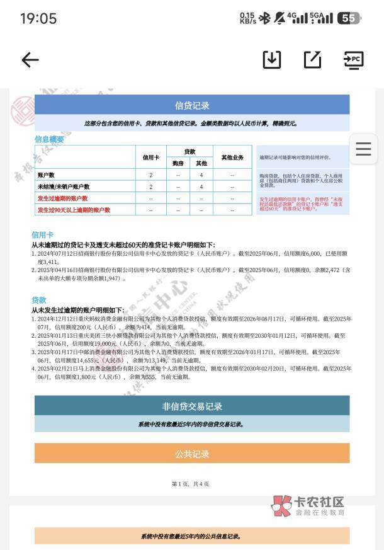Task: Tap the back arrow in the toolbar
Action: pyautogui.click(x=30, y=60)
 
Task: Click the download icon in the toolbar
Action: pyautogui.click(x=272, y=60)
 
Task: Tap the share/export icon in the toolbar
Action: pyautogui.click(x=312, y=60)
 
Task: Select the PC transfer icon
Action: pyautogui.click(x=353, y=60)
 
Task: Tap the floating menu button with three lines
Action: pyautogui.click(x=363, y=149)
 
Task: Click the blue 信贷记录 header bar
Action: pyautogui.click(x=192, y=105)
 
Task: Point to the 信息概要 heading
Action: pyautogui.click(x=49, y=139)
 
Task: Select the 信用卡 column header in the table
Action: pyautogui.click(x=151, y=158)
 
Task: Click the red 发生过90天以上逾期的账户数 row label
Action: pyautogui.click(x=74, y=210)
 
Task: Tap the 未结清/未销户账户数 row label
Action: pyautogui.click(x=64, y=187)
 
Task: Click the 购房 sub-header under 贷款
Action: pyautogui.click(x=178, y=163)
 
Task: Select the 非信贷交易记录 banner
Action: pyautogui.click(x=192, y=406)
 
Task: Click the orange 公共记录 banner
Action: pyautogui.click(x=192, y=454)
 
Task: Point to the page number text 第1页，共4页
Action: pyautogui.click(x=190, y=484)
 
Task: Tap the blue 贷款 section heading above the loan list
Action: pyautogui.click(x=39, y=300)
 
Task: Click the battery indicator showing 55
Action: pyautogui.click(x=349, y=18)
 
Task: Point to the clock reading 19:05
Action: pyautogui.click(x=38, y=18)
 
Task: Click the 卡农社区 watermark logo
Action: pyautogui.click(x=308, y=505)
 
